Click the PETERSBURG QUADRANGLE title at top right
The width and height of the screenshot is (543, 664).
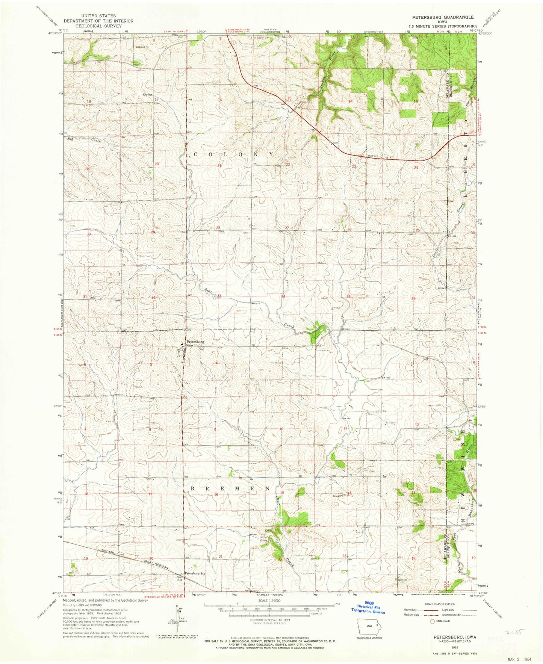tap(443, 17)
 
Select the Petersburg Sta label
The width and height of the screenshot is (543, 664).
tap(195, 574)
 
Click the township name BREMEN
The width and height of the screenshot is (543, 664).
tap(230, 488)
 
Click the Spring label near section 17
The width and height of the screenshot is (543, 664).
tap(147, 95)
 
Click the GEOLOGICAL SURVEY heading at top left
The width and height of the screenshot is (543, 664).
tap(98, 26)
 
